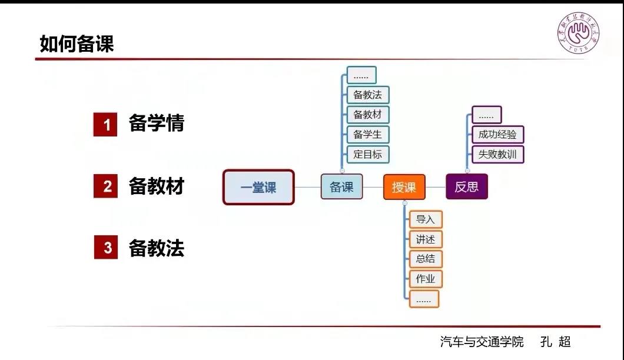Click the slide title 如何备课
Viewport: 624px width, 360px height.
click(77, 44)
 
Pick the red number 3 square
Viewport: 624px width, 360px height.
click(106, 248)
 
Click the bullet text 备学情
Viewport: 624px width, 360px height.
click(157, 124)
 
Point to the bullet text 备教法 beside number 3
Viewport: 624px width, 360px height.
click(157, 248)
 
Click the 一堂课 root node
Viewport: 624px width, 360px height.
click(258, 187)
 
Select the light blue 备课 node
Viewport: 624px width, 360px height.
click(341, 187)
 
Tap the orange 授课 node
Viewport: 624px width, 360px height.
click(404, 188)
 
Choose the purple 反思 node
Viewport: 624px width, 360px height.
click(466, 187)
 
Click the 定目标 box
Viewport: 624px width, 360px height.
click(368, 154)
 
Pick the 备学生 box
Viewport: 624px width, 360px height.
click(368, 134)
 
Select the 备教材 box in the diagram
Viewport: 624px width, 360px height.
click(368, 114)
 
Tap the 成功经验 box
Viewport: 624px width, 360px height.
click(497, 134)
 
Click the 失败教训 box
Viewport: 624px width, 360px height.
click(497, 154)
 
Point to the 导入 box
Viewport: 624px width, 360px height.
click(425, 219)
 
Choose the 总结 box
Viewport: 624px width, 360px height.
click(425, 259)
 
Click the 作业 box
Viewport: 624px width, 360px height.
click(425, 279)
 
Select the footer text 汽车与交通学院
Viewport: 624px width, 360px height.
click(482, 342)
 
